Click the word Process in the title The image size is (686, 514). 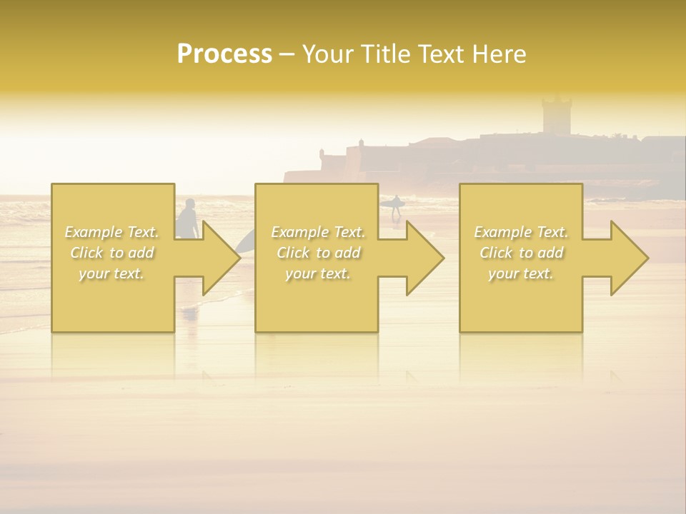pyautogui.click(x=224, y=54)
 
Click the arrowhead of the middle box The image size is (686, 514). pyautogui.click(x=424, y=258)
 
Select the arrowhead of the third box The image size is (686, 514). pyautogui.click(x=629, y=258)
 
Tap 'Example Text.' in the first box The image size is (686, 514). pyautogui.click(x=111, y=232)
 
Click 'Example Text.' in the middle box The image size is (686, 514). pyautogui.click(x=318, y=232)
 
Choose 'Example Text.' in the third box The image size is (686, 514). pyautogui.click(x=521, y=232)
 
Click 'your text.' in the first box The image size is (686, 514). pyautogui.click(x=111, y=273)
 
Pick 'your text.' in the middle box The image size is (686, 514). pyautogui.click(x=318, y=273)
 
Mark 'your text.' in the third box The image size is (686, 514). pyautogui.click(x=521, y=273)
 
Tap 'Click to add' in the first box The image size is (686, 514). pyautogui.click(x=111, y=253)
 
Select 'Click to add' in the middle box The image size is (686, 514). pyautogui.click(x=318, y=253)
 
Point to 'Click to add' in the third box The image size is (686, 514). pyautogui.click(x=521, y=253)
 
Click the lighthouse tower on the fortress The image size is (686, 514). pyautogui.click(x=556, y=114)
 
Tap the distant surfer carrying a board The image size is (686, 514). pyautogui.click(x=395, y=206)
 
